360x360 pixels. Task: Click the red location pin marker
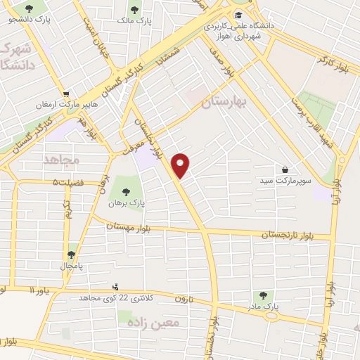pyautogui.click(x=181, y=165)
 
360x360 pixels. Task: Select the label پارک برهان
pyautogui.click(x=127, y=202)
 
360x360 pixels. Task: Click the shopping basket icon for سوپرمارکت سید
pyautogui.click(x=285, y=169)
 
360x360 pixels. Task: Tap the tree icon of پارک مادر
pyautogui.click(x=263, y=295)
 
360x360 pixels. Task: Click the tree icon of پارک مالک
pyautogui.click(x=135, y=10)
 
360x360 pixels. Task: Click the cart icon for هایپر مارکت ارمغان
pyautogui.click(x=65, y=94)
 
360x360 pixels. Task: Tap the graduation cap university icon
pyautogui.click(x=238, y=15)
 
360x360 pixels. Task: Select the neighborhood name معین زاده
pyautogui.click(x=160, y=322)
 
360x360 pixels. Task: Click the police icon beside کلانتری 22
pyautogui.click(x=115, y=287)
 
